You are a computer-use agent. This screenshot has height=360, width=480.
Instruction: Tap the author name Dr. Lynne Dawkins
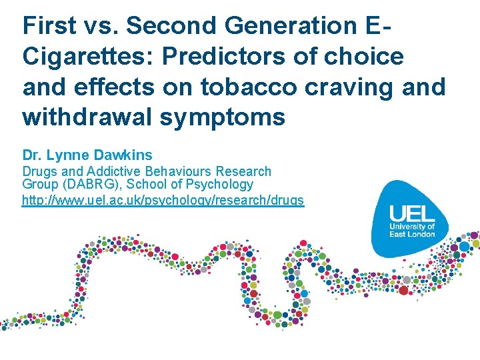87,156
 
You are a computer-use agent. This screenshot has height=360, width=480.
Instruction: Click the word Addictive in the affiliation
111,172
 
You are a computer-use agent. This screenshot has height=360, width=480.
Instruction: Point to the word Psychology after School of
219,184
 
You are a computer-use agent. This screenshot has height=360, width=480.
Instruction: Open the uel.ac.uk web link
163,200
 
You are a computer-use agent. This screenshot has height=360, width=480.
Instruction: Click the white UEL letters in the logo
412,214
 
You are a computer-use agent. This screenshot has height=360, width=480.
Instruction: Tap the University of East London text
412,231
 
